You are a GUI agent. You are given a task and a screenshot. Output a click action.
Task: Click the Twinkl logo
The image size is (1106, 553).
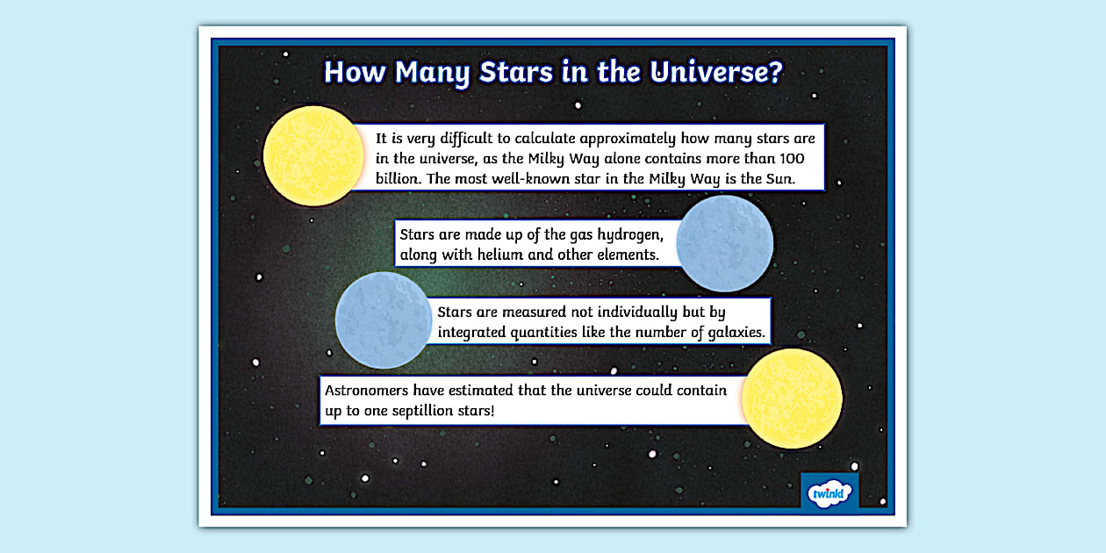829,492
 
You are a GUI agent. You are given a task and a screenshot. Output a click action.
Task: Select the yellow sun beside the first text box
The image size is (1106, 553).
313,156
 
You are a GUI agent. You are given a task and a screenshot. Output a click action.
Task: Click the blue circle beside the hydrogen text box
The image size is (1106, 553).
724,243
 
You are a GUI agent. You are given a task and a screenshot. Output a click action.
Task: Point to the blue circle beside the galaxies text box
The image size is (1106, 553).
384,320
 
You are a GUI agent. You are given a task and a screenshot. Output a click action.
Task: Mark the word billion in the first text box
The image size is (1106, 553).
399,179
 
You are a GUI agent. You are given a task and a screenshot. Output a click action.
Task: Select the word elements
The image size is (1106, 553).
628,255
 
